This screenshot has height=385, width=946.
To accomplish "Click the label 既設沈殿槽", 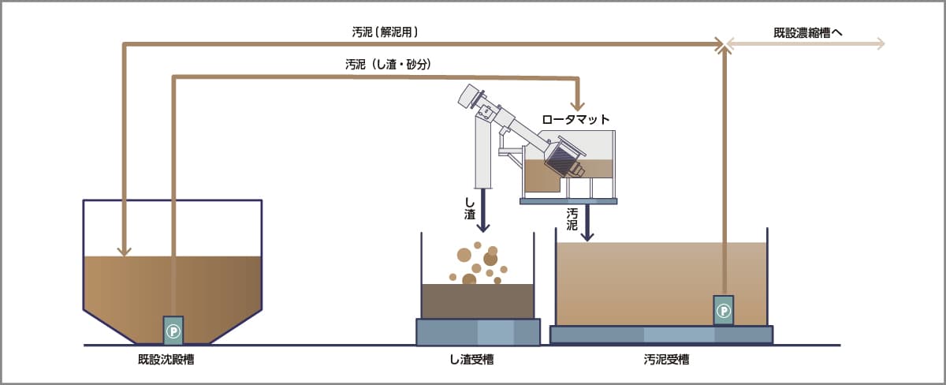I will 171,361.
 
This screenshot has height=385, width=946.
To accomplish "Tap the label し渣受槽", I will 477,361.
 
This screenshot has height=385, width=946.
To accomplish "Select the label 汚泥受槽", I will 662,361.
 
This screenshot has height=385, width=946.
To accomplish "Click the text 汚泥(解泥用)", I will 385,33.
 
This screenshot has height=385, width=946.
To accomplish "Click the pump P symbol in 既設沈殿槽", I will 173,331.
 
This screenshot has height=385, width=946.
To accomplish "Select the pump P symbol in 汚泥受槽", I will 724,311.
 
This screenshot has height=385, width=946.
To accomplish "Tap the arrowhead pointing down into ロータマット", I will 579,104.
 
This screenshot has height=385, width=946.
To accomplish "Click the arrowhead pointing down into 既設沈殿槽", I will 124,251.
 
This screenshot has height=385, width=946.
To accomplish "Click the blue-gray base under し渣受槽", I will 478,331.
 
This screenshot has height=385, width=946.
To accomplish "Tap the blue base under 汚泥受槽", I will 661,335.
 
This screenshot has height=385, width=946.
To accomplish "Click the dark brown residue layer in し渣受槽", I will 478,301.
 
